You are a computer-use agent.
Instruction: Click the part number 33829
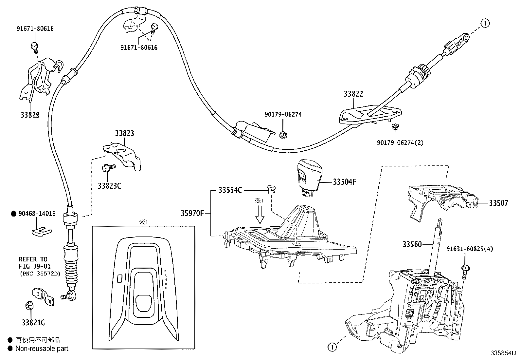[30, 115]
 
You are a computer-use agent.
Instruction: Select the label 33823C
[109, 186]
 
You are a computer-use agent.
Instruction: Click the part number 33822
[353, 94]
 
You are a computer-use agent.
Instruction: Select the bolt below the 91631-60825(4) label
[465, 271]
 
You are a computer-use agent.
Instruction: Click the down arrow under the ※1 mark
[260, 214]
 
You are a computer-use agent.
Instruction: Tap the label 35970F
[192, 214]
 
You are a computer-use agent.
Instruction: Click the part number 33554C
[230, 190]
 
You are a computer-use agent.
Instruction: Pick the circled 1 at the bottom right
[332, 347]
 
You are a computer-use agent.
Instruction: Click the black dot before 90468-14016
[13, 214]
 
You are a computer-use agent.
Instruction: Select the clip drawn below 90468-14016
[41, 231]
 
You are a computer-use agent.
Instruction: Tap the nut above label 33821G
[29, 306]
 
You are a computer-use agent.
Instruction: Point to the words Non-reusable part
[42, 349]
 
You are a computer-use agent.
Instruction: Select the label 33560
[412, 244]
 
